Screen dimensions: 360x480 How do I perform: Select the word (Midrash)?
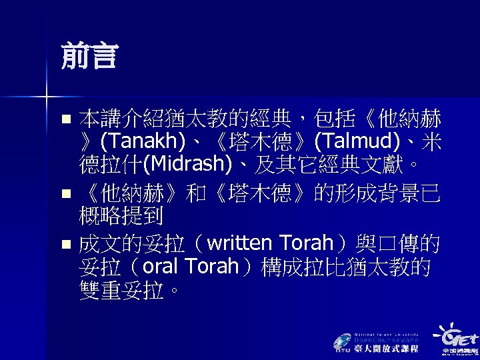186,163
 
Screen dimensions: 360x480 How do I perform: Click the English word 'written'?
239,244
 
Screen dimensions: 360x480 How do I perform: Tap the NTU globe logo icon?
341,341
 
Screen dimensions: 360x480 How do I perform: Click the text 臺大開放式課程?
386,348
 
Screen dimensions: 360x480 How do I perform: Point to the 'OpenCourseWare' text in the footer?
386,339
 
